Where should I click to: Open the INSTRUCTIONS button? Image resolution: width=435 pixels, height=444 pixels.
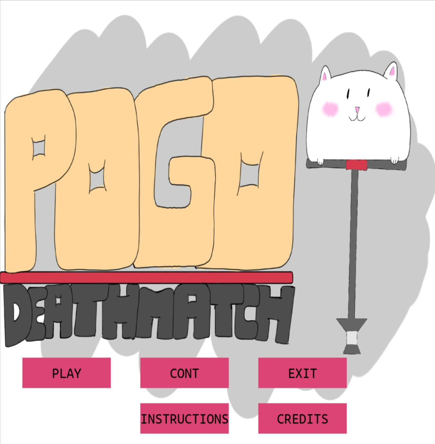tap(184, 419)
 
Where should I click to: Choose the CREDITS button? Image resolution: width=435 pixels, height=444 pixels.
tap(302, 419)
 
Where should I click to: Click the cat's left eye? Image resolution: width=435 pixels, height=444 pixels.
tap(348, 94)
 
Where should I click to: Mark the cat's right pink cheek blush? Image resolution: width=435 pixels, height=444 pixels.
tap(384, 109)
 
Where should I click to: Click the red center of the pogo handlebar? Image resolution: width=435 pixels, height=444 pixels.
tap(357, 165)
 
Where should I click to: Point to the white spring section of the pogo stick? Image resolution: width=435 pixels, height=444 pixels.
tap(352, 338)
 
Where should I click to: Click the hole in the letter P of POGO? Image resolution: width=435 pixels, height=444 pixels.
tap(39, 147)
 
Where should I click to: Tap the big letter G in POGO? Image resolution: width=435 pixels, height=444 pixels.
tap(175, 173)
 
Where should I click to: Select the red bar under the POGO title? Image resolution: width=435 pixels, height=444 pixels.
tap(147, 277)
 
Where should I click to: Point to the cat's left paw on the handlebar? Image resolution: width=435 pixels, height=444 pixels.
tap(320, 161)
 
